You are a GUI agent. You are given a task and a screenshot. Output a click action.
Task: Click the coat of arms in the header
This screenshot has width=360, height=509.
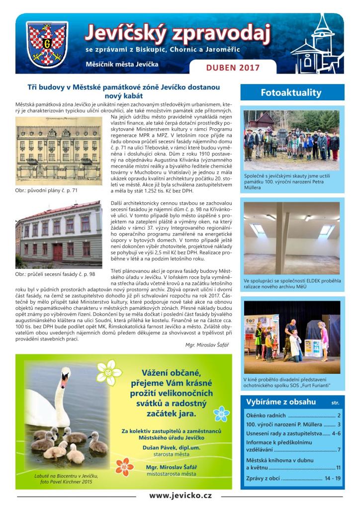coord(47,45)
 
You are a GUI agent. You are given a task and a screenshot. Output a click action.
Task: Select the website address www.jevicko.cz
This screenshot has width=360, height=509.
coord(180,496)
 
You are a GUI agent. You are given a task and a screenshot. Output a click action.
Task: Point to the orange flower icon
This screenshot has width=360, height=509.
coord(124,467)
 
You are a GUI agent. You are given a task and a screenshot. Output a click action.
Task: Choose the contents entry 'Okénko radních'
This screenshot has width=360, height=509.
coord(266,416)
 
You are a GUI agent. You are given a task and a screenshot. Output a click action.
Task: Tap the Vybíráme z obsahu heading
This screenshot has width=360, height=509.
coord(281,401)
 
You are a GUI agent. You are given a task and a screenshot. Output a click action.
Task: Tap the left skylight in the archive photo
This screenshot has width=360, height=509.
coord(259,228)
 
